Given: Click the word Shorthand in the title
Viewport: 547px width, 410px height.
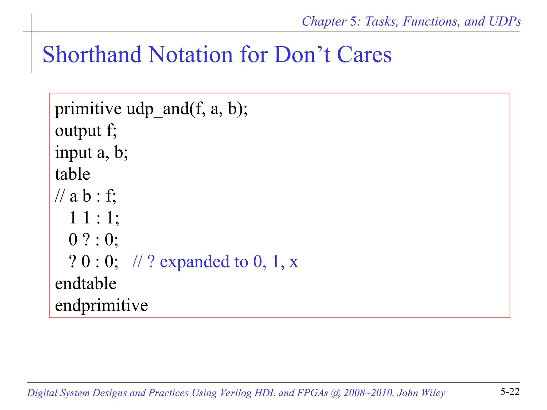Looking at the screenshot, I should tap(92, 54).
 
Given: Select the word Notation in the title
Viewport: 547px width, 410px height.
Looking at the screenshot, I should tap(190, 54).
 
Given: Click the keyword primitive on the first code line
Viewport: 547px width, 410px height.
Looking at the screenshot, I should tap(88, 109).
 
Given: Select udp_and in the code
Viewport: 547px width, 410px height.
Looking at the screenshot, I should tap(158, 109).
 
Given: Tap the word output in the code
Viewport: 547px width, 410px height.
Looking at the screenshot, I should tap(78, 131).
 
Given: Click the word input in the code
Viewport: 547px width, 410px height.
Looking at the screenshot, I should tap(73, 153).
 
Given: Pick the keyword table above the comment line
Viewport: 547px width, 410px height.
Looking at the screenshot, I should tap(72, 174).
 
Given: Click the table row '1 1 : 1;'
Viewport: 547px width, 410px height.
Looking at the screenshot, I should tap(94, 218).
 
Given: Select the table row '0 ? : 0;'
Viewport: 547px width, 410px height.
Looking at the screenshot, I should tap(93, 240).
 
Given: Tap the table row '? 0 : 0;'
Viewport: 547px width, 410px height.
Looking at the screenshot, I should tap(93, 262).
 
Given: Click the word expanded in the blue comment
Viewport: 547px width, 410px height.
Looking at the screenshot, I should tap(194, 262).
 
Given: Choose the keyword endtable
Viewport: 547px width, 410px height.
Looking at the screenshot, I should tap(85, 283).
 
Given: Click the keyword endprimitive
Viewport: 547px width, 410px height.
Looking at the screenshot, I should tap(101, 305).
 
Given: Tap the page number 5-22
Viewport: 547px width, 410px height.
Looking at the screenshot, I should tap(510, 392).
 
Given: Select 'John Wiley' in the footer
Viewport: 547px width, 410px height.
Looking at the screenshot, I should tap(421, 393).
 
